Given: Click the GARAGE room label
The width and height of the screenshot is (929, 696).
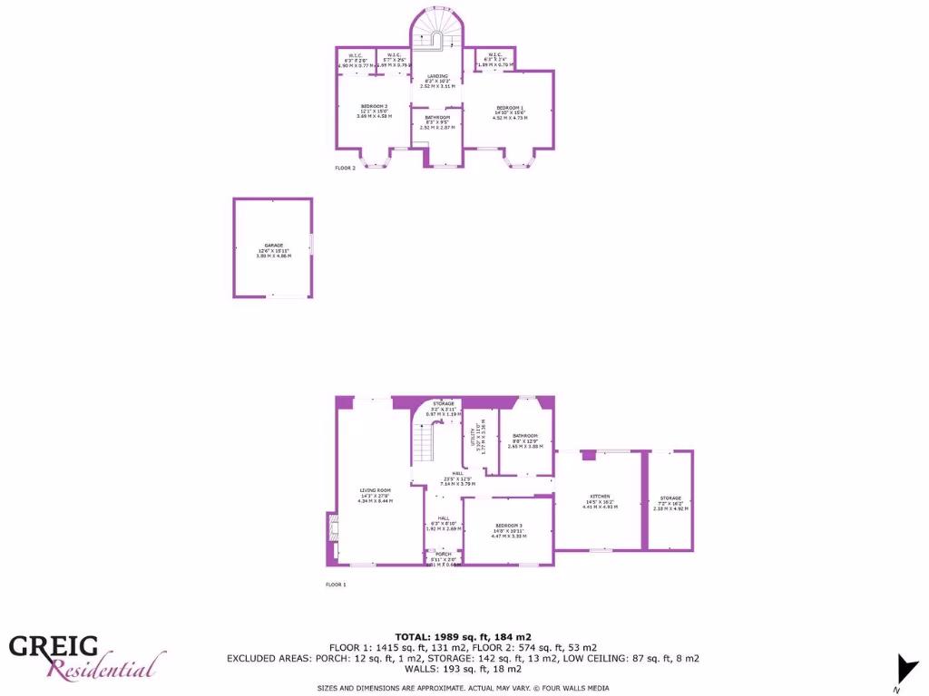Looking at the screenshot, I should point(273,246).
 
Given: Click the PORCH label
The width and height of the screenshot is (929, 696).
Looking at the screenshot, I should point(443,554).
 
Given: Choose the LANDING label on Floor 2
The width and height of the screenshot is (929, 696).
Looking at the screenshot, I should point(437,76).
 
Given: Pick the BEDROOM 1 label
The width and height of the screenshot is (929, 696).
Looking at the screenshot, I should point(509,108).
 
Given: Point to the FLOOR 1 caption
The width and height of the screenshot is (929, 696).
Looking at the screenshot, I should point(336,585).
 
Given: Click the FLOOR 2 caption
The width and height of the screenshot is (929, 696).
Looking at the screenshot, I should point(345,168).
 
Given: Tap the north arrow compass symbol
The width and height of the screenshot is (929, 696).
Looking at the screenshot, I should point(905,668).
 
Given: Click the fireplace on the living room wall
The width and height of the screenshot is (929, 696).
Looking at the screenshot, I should point(332,540).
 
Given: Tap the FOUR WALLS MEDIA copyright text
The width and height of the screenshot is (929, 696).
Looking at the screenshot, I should point(564,688).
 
